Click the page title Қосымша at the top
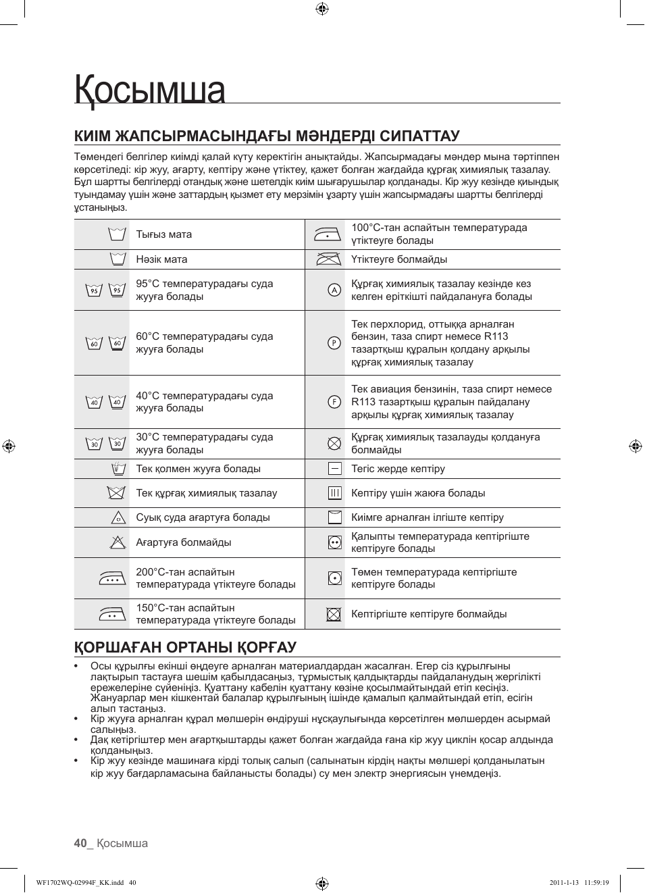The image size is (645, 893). click(150, 91)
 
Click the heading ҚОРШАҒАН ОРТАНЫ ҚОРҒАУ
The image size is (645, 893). click(185, 647)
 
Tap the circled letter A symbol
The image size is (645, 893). click(334, 290)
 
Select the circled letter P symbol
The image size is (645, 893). click(334, 342)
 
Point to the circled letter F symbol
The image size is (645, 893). click(334, 402)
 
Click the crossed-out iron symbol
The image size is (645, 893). click(328, 259)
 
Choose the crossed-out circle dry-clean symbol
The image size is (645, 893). click(334, 443)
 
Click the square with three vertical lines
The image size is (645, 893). click(334, 493)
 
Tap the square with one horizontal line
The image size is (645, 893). click(334, 468)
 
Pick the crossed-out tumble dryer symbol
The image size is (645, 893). click(334, 614)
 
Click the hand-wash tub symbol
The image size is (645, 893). click(118, 468)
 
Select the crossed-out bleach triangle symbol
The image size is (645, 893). click(118, 542)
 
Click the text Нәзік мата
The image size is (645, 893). click(161, 259)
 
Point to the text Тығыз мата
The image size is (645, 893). click(163, 234)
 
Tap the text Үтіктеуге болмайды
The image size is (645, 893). click(398, 259)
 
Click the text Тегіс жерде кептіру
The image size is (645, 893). click(398, 469)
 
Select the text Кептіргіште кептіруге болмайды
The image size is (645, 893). click(428, 614)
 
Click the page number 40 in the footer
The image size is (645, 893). click(80, 843)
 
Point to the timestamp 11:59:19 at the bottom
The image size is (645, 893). click(596, 882)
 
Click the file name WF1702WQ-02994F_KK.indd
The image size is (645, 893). click(80, 882)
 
